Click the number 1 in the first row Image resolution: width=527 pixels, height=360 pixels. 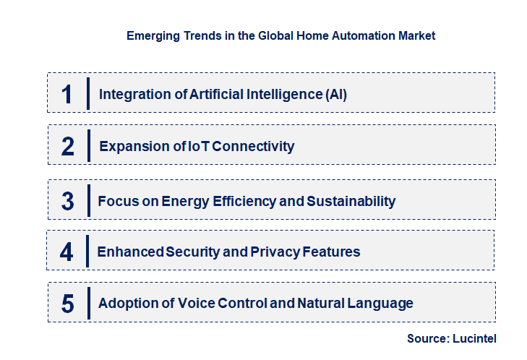(67, 94)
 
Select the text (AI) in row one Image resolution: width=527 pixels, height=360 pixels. (335, 94)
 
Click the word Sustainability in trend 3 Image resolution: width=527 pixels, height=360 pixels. (351, 201)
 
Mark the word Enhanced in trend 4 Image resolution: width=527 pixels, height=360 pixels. (129, 252)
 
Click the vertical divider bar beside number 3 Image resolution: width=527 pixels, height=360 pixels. (87, 200)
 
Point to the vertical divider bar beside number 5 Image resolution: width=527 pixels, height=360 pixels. (87, 302)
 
